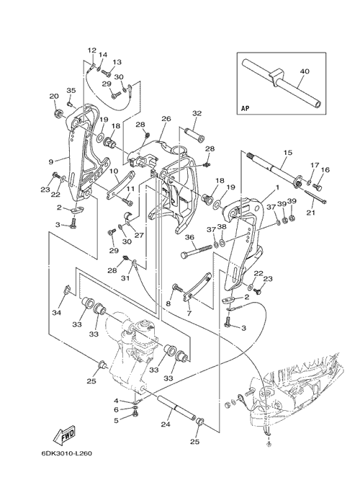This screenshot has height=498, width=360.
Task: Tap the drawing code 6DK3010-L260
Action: point(66,453)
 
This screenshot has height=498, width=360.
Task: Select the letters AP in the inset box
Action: point(245,108)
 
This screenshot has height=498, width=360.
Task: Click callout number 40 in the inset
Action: point(305,71)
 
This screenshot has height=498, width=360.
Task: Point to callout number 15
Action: point(287,153)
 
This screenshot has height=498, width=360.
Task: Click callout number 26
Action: point(166,119)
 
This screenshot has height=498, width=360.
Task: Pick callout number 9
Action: point(50,162)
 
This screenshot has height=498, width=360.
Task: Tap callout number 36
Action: point(189,237)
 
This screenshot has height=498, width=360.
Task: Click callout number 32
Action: point(197,113)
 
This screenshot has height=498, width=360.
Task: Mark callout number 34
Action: point(57,314)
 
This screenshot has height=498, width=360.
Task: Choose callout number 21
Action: point(310,213)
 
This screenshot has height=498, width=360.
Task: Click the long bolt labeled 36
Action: point(197,252)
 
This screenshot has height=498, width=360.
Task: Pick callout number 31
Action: point(126,278)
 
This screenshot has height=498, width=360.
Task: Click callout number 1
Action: point(277,187)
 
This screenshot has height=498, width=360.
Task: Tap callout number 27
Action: point(139,236)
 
